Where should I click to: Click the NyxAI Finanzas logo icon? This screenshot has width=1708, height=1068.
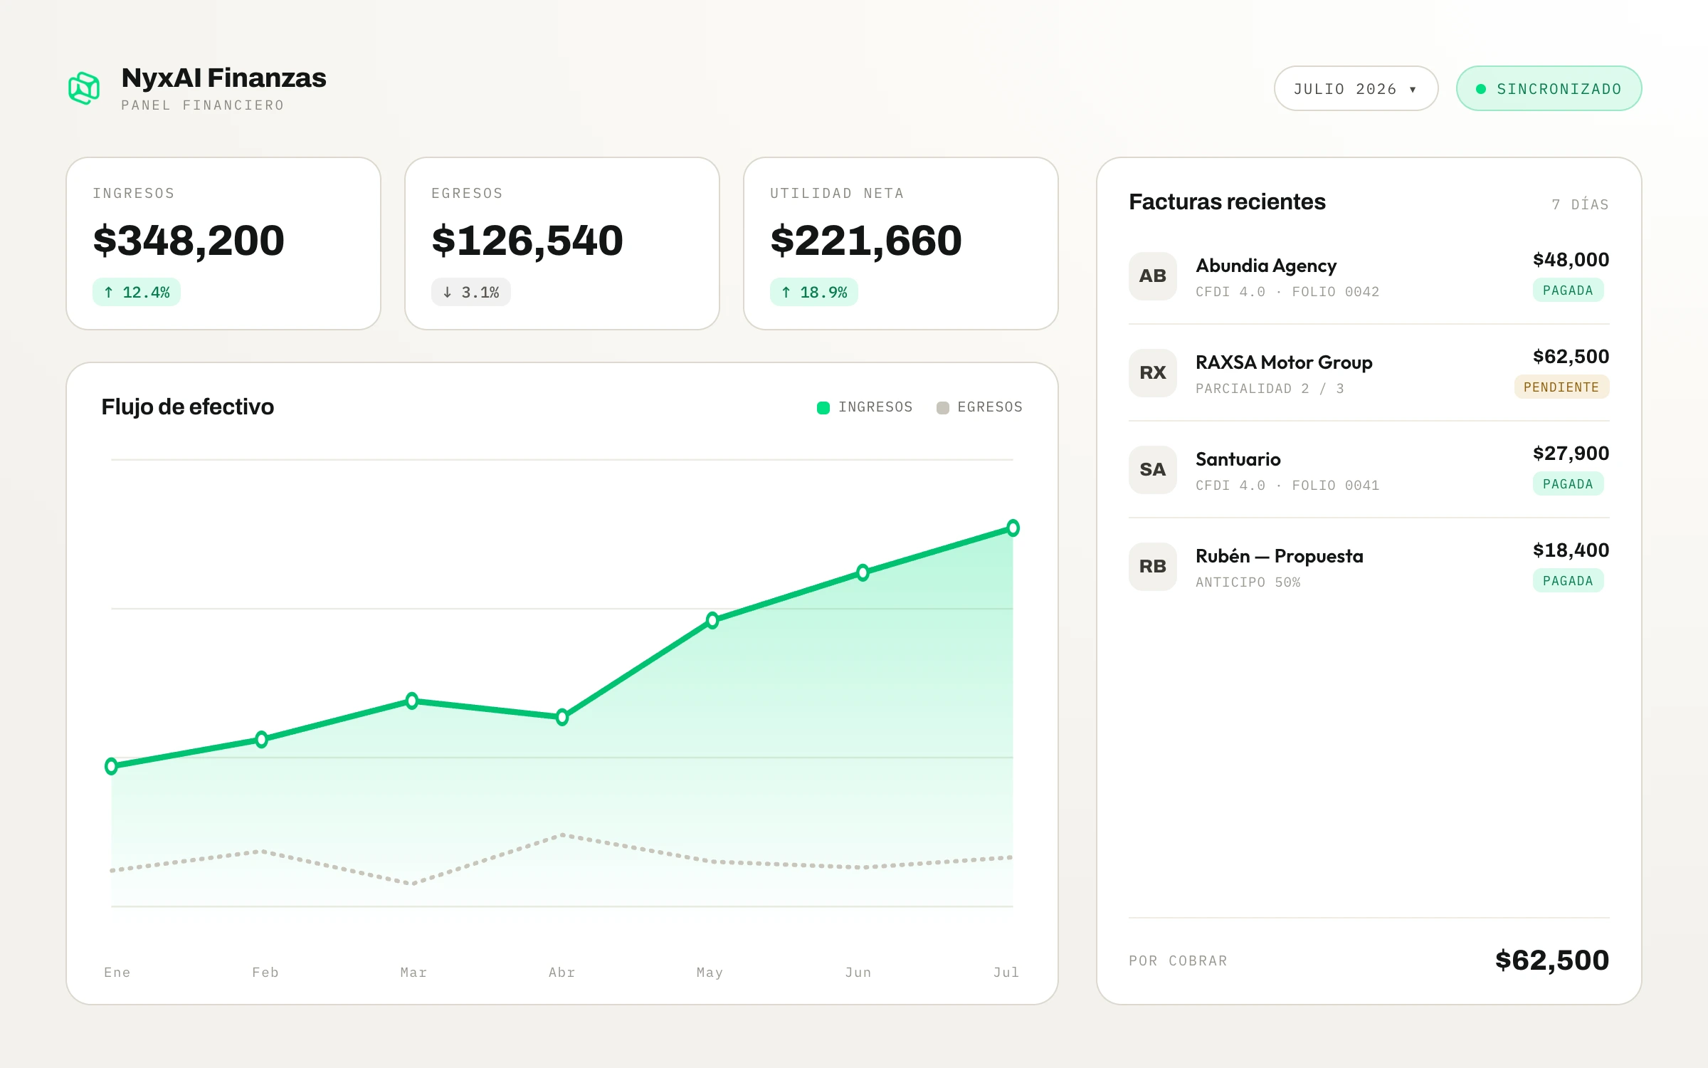pyautogui.click(x=84, y=88)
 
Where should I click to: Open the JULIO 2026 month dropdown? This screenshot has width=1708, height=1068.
pyautogui.click(x=1356, y=88)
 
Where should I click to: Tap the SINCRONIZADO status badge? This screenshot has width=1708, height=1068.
pyautogui.click(x=1549, y=88)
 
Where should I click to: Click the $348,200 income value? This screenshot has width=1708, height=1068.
pyautogui.click(x=189, y=240)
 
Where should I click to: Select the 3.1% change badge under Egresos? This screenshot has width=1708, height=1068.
pyautogui.click(x=471, y=292)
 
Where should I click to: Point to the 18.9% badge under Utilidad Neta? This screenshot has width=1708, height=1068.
pyautogui.click(x=814, y=292)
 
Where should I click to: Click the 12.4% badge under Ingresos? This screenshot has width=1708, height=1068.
pyautogui.click(x=137, y=292)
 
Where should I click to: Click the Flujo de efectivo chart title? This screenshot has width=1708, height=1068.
pyautogui.click(x=188, y=407)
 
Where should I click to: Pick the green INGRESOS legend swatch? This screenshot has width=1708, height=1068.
pyautogui.click(x=823, y=408)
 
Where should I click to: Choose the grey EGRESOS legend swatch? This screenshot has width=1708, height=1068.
pyautogui.click(x=943, y=408)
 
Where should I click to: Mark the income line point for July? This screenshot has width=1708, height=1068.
pyautogui.click(x=1013, y=528)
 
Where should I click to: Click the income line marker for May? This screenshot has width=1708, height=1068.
pyautogui.click(x=712, y=620)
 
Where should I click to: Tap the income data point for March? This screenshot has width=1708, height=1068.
pyautogui.click(x=412, y=701)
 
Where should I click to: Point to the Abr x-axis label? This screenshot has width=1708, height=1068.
pyautogui.click(x=562, y=973)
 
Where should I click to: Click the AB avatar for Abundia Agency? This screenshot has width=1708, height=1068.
pyautogui.click(x=1153, y=276)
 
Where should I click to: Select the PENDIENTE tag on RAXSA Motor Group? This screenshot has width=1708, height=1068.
pyautogui.click(x=1561, y=387)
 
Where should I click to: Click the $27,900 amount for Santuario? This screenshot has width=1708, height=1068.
pyautogui.click(x=1571, y=454)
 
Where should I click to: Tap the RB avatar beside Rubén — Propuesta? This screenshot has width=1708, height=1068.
pyautogui.click(x=1153, y=567)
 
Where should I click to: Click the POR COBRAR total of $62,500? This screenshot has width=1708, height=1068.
pyautogui.click(x=1552, y=960)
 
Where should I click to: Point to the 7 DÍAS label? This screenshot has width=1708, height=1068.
pyautogui.click(x=1580, y=204)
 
